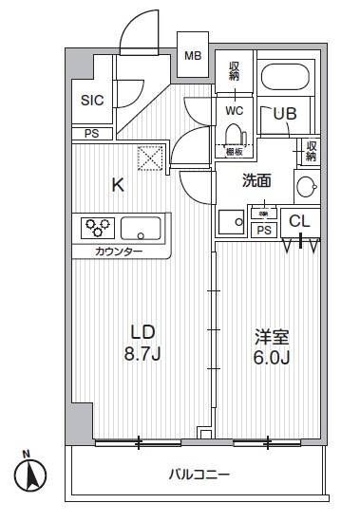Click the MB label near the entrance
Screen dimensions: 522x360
tap(193, 56)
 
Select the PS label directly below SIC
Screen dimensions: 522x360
tap(91, 134)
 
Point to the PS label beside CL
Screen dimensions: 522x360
tap(265, 230)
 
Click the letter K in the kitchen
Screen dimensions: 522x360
tap(118, 185)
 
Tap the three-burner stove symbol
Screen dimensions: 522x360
tap(99, 228)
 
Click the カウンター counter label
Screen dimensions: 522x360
tap(119, 252)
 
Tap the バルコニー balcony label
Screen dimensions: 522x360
tap(200, 474)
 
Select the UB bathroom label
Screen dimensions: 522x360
tap(285, 113)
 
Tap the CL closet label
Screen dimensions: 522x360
tap(299, 220)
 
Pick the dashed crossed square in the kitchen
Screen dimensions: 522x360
tap(150, 158)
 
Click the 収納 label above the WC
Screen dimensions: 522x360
tap(234, 70)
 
